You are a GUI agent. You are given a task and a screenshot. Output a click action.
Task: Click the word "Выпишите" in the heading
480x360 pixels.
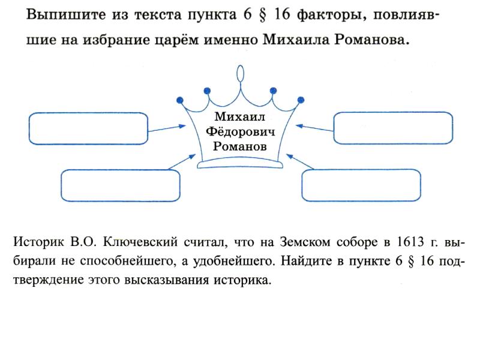pyautogui.click(x=58, y=14)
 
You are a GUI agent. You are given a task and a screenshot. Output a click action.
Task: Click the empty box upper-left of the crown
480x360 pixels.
pyautogui.click(x=88, y=128)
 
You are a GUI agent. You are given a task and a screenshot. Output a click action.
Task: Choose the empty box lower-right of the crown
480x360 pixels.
pyautogui.click(x=361, y=185)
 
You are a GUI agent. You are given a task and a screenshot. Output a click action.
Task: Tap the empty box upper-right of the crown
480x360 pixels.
pyautogui.click(x=393, y=128)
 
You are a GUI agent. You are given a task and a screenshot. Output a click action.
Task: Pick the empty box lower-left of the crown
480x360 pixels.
pyautogui.click(x=121, y=186)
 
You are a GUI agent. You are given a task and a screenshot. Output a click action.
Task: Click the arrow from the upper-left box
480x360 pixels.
pyautogui.click(x=167, y=128)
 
